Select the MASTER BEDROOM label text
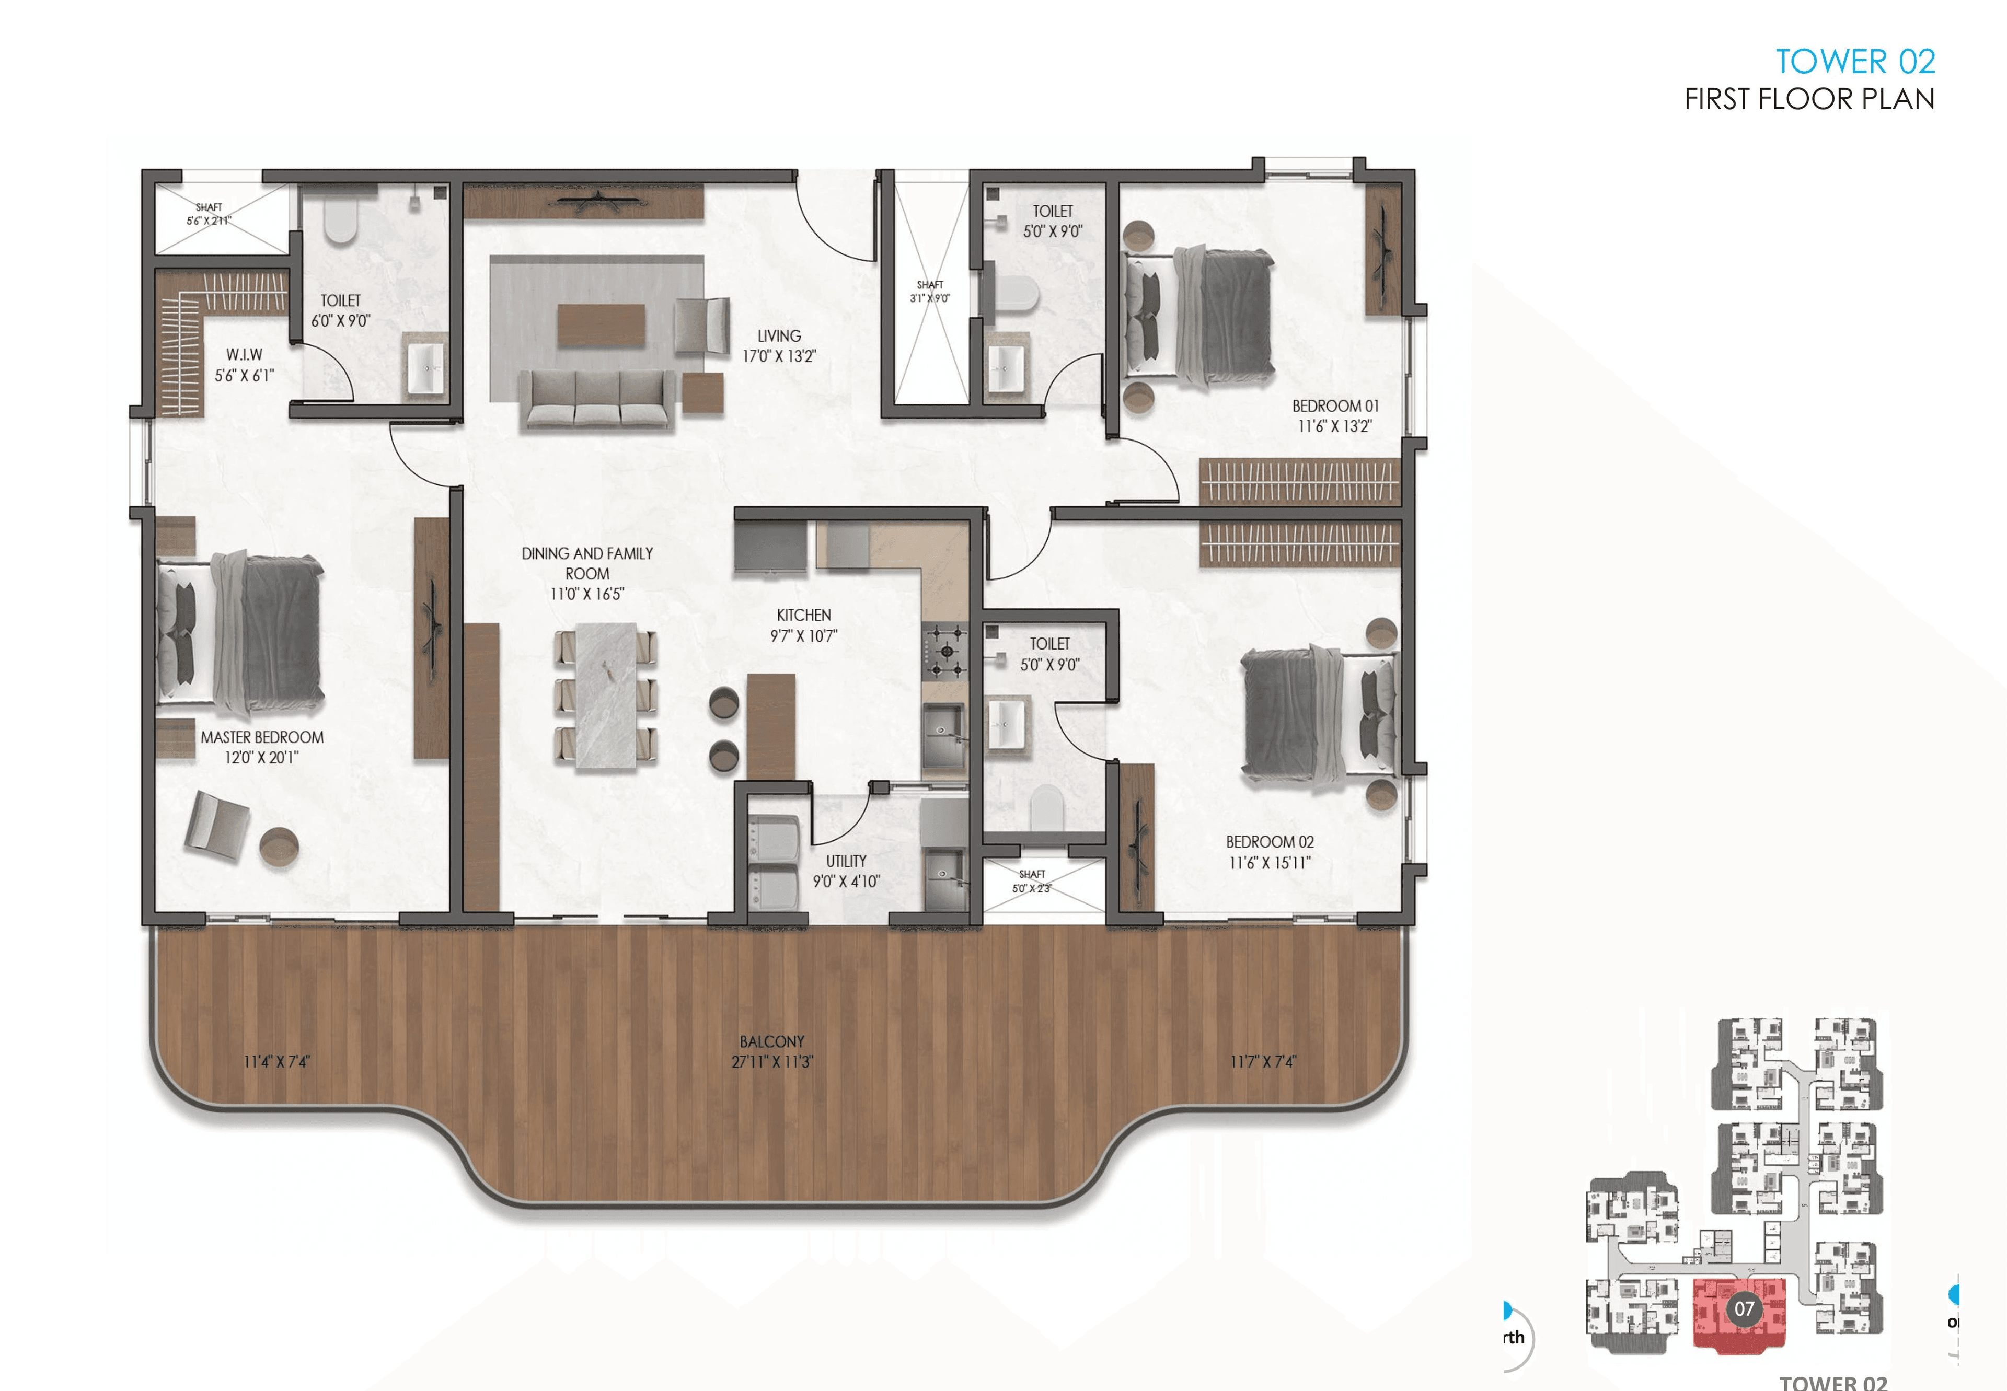[261, 737]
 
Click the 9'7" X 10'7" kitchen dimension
[803, 636]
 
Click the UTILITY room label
[846, 861]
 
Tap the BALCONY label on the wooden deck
[771, 1041]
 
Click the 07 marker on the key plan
[1743, 1308]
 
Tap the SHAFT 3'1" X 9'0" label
[929, 291]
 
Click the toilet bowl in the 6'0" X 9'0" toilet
[340, 222]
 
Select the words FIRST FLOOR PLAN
[1808, 99]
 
